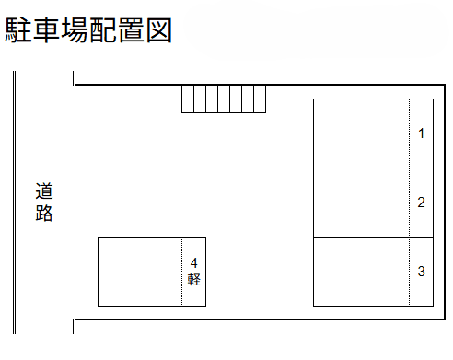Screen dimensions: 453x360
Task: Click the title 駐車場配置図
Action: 89,30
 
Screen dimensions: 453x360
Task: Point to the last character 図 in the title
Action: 158,30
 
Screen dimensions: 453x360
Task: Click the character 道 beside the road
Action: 44,193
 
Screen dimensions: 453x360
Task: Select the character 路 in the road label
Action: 44,215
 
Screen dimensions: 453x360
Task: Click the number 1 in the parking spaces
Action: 421,134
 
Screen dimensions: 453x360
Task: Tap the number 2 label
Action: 421,203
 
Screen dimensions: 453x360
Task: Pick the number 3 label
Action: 421,272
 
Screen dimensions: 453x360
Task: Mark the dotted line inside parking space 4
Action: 182,272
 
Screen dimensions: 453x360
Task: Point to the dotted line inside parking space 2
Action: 410,203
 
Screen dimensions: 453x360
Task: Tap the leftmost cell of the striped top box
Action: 187,99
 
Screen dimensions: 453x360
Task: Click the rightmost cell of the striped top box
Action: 259,99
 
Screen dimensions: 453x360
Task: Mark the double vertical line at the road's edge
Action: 15,203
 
